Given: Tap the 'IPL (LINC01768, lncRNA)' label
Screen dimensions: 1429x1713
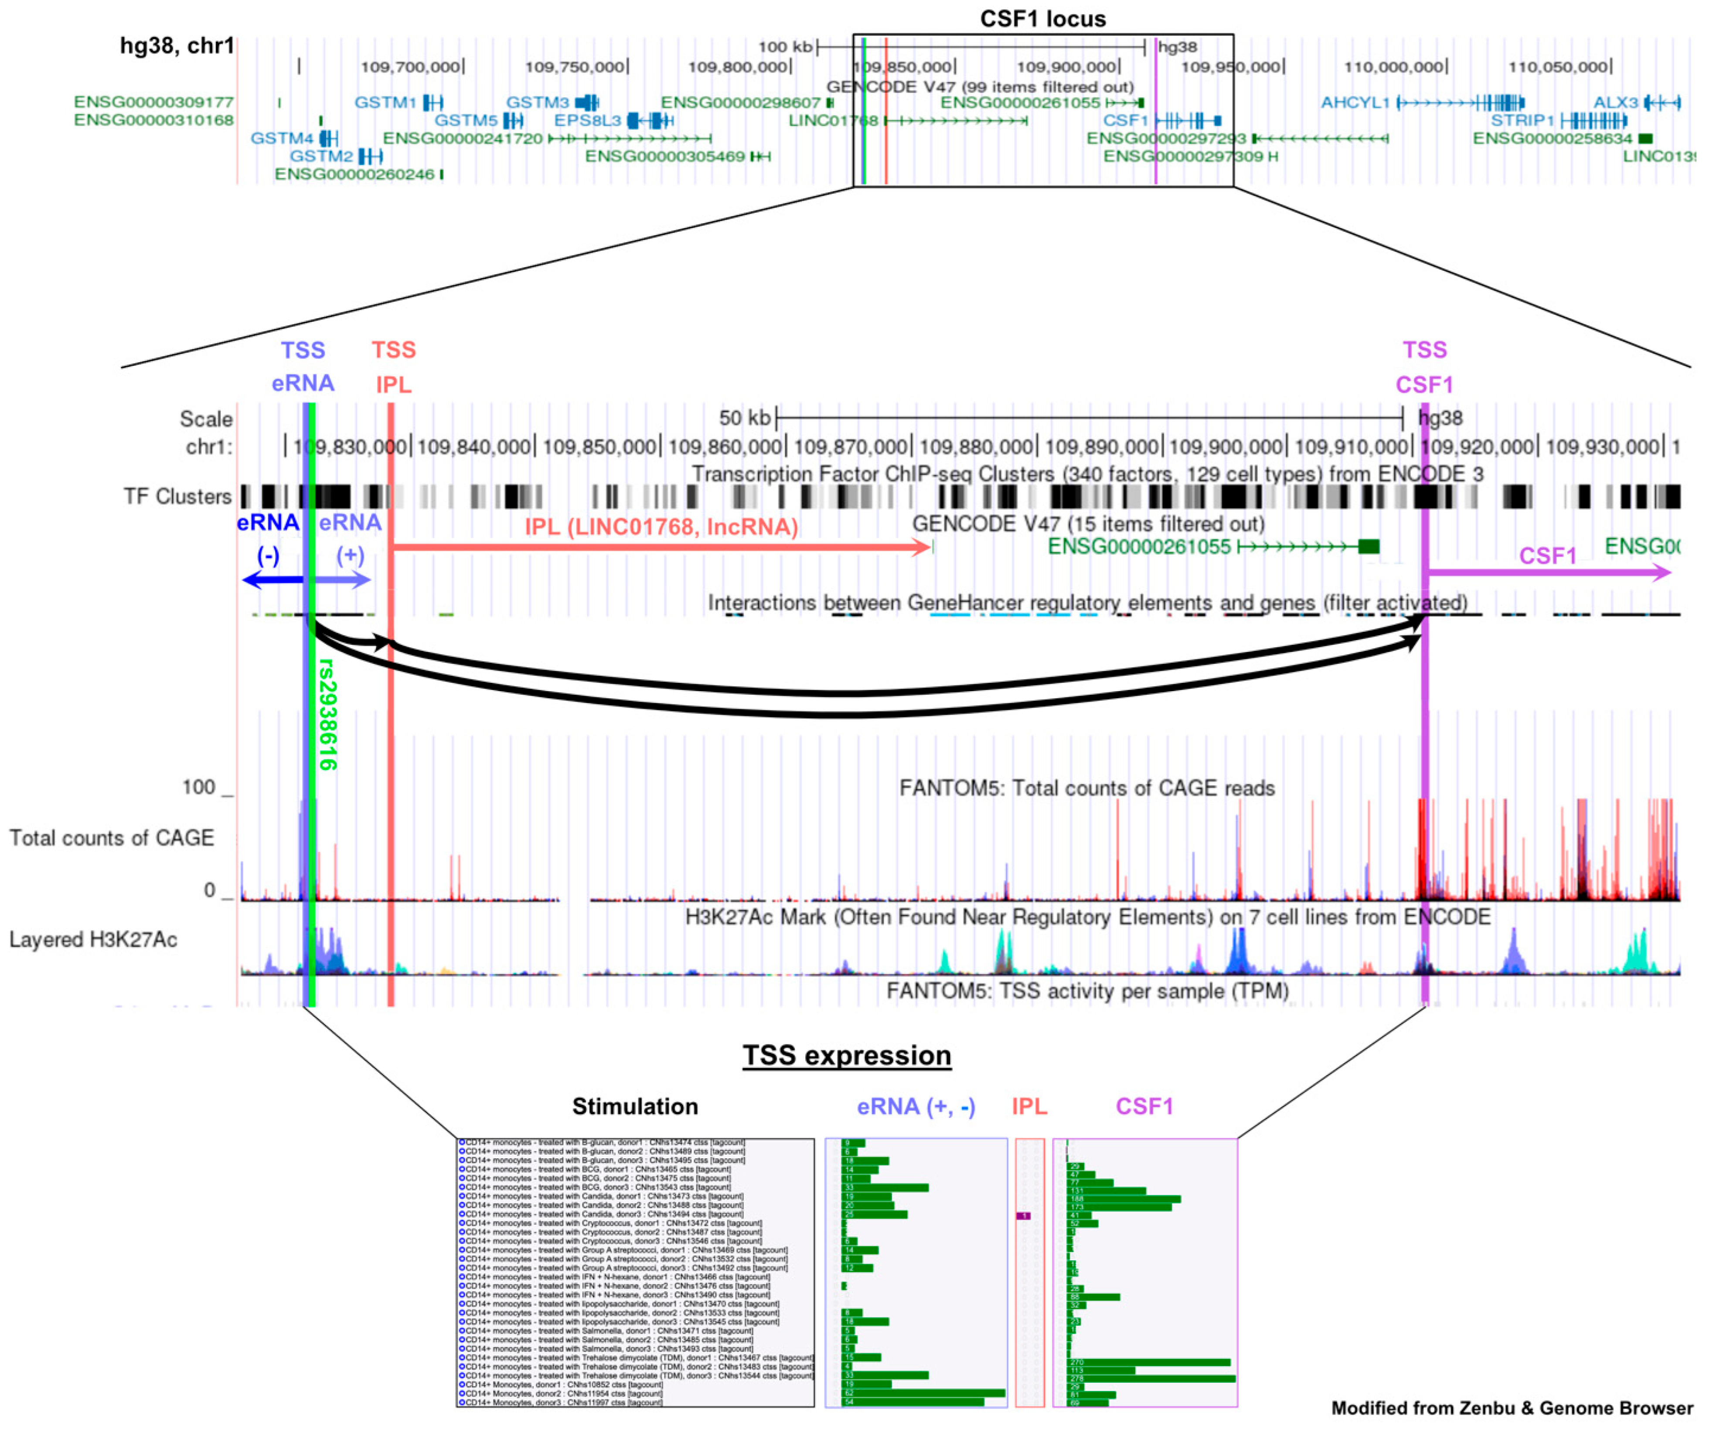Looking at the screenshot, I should click(661, 527).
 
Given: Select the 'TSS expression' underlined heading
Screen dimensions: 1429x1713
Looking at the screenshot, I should click(846, 1055).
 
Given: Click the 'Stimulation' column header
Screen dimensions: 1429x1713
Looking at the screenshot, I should click(635, 1107).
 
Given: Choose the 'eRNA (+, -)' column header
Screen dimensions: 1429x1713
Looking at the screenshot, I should click(915, 1107).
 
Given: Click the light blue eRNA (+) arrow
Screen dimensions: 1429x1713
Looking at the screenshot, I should click(343, 580).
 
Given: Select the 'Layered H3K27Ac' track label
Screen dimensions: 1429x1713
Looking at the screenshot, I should click(93, 940).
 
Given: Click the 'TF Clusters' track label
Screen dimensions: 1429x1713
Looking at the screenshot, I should click(177, 497).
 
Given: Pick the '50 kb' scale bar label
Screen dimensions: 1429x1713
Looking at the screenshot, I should click(744, 419).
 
